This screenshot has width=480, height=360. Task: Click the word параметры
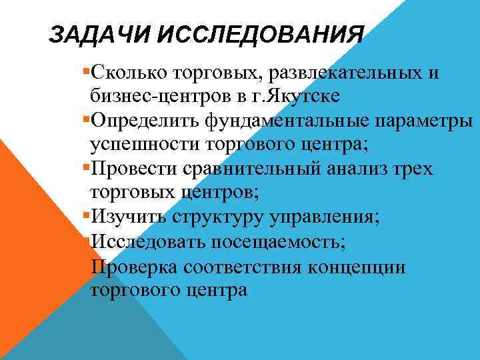click(427, 121)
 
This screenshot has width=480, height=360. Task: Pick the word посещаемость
click(287, 242)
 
